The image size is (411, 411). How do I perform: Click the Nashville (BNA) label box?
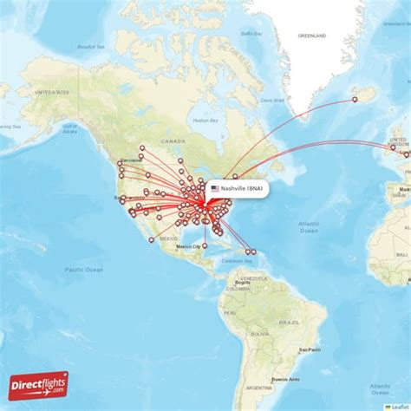[x=237, y=188]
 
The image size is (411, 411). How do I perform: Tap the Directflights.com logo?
[x=38, y=385]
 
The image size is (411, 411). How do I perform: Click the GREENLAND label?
[x=311, y=36]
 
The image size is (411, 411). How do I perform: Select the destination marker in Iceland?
[x=355, y=100]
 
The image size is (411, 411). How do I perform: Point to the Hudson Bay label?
[x=205, y=120]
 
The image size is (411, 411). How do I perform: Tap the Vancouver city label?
[x=131, y=160]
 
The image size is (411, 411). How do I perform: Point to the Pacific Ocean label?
[x=83, y=271]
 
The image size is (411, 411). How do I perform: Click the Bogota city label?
[x=243, y=283]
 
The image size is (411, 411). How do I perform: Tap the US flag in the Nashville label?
[x=215, y=188]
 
